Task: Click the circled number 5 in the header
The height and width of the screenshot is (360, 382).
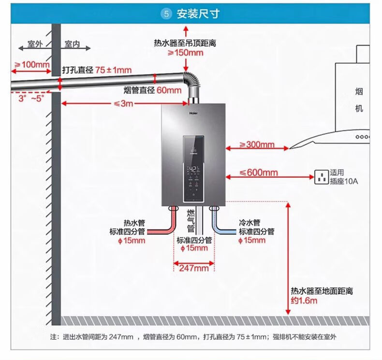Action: (166, 14)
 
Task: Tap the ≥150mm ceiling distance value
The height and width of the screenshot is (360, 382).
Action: (185, 53)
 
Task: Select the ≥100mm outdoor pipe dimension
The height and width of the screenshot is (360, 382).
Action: (32, 65)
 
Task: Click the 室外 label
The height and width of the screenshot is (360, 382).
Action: (35, 44)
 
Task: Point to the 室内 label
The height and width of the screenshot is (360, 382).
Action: (72, 44)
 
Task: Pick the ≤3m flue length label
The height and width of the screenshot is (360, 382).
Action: (123, 103)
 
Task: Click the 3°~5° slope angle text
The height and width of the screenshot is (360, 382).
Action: (31, 99)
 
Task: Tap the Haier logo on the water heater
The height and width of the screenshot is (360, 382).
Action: (193, 113)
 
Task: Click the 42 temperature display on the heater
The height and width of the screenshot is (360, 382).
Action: (193, 169)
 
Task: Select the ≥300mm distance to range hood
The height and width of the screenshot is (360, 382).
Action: (257, 144)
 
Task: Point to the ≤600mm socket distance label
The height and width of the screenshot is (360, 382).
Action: (259, 173)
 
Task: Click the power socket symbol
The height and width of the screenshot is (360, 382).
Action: (322, 177)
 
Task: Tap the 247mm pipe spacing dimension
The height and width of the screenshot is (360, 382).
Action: (194, 268)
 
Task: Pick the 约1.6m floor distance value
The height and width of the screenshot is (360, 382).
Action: (304, 301)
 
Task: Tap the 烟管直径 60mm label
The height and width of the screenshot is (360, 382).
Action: (152, 90)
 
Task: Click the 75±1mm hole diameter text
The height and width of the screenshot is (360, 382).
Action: (113, 70)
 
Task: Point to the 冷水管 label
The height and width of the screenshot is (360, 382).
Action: (250, 222)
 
